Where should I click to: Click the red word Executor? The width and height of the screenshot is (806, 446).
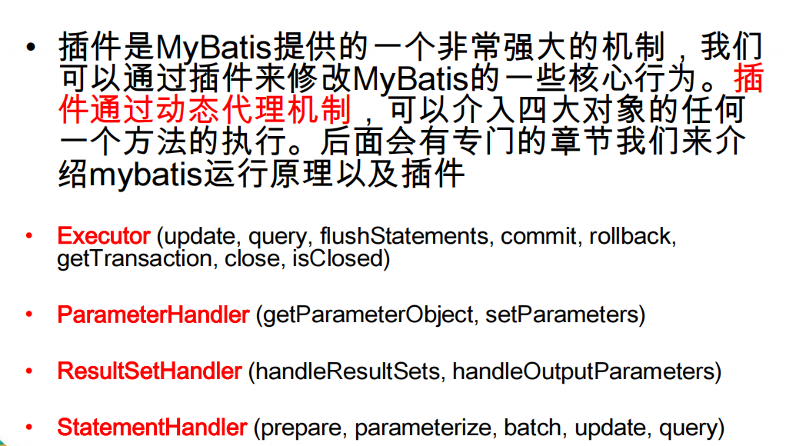click(x=104, y=236)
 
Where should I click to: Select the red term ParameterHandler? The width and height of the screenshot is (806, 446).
click(x=153, y=315)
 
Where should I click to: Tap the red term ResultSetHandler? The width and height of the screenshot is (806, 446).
click(x=150, y=371)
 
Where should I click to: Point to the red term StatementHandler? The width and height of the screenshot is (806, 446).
click(x=152, y=428)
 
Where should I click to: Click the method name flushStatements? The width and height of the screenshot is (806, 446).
click(x=404, y=236)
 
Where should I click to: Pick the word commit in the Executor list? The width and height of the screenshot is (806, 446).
click(x=541, y=236)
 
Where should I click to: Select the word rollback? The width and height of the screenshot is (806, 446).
click(x=632, y=236)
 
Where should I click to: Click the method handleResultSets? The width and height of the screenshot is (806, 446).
click(x=348, y=371)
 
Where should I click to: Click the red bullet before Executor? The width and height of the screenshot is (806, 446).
click(x=29, y=236)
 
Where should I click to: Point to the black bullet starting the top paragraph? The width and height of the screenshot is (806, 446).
click(x=30, y=48)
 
